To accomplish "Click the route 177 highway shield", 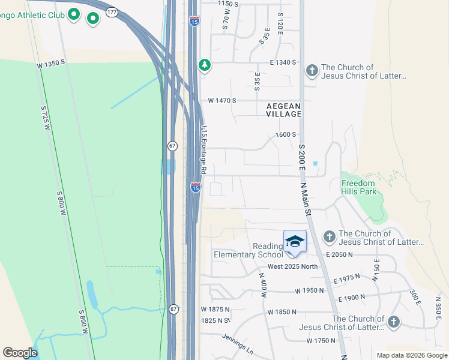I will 112,11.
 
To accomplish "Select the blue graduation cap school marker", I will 295,242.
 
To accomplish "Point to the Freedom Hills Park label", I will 358,187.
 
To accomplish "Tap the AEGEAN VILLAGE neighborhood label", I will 283,110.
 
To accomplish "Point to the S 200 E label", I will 302,152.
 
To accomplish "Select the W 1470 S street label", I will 222,101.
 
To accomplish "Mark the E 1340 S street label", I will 282,62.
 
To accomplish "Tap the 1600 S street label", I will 286,135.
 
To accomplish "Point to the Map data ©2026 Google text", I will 411,355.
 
